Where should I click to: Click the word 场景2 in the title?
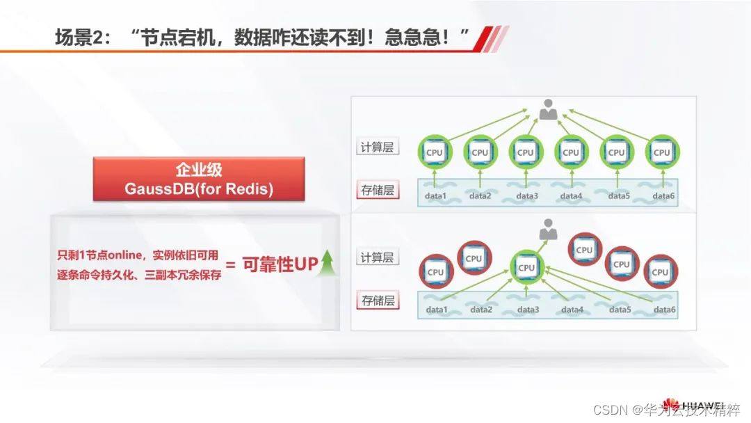[82, 37]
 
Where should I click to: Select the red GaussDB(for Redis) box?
[199, 179]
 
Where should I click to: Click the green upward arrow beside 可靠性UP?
[328, 264]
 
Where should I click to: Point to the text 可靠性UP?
[279, 264]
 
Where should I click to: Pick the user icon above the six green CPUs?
[549, 109]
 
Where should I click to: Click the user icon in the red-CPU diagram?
[549, 228]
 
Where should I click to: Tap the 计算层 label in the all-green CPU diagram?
[378, 147]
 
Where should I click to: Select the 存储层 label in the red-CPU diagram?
[378, 301]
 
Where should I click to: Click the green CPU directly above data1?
[434, 152]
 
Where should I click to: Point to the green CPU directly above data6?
[661, 152]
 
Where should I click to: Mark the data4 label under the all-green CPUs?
[571, 196]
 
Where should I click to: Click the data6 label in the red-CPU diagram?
[664, 310]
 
